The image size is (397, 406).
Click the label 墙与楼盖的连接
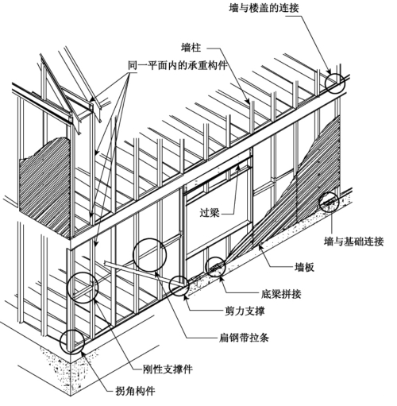click(264, 8)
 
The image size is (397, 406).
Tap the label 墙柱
click(191, 48)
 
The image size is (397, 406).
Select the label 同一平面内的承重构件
click(178, 65)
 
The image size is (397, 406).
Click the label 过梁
click(210, 212)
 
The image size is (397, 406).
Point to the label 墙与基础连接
click(354, 242)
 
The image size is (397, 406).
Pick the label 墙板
click(304, 267)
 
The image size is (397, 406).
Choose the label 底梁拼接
click(281, 294)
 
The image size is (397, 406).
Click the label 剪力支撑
click(245, 311)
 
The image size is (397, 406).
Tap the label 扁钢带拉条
click(244, 338)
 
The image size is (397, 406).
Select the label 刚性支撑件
click(168, 369)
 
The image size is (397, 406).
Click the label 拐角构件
click(136, 391)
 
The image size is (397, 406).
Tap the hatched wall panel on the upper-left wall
click(45, 185)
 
